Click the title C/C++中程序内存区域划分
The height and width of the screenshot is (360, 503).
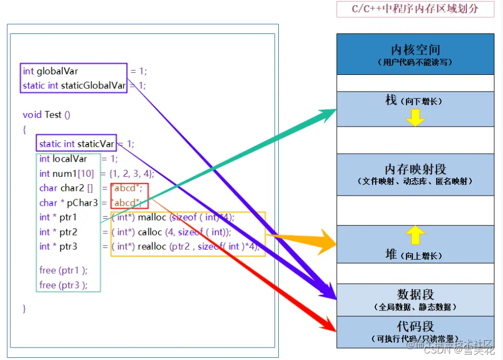pyautogui.click(x=415, y=9)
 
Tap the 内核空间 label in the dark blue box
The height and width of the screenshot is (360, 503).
pyautogui.click(x=415, y=50)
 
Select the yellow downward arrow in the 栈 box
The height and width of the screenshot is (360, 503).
pyautogui.click(x=415, y=117)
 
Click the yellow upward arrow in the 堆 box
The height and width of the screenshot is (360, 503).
pyautogui.click(x=415, y=235)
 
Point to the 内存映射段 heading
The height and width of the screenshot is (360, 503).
pyautogui.click(x=415, y=169)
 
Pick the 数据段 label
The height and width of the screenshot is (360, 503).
pyautogui.click(x=415, y=294)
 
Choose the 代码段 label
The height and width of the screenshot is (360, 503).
pyautogui.click(x=415, y=326)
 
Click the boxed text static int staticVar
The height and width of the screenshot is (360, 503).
pyautogui.click(x=77, y=144)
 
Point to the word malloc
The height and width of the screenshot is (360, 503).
pyautogui.click(x=152, y=217)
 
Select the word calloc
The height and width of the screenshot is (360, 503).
pyautogui.click(x=151, y=232)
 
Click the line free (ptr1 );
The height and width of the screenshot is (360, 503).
pyautogui.click(x=63, y=270)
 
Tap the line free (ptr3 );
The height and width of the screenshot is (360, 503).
pyautogui.click(x=63, y=285)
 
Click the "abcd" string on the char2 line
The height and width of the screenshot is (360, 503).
pyautogui.click(x=126, y=188)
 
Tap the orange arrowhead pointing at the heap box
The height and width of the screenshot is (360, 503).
pyautogui.click(x=326, y=242)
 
